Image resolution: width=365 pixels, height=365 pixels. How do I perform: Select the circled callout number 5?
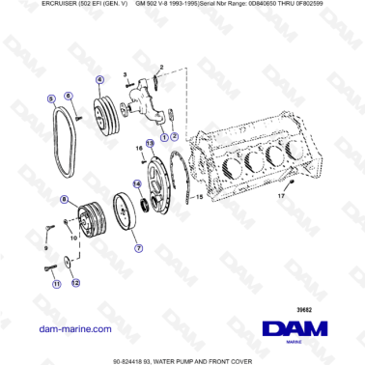(x=50, y=98)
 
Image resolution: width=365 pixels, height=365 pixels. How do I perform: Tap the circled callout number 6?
(x=69, y=96)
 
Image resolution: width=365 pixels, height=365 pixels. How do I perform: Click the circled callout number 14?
(x=136, y=183)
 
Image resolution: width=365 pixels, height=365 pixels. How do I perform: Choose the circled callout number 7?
(x=138, y=247)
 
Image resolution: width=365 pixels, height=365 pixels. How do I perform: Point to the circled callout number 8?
(x=63, y=200)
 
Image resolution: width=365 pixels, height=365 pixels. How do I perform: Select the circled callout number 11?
(x=56, y=284)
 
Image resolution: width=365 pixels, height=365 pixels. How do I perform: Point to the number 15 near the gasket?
(x=199, y=197)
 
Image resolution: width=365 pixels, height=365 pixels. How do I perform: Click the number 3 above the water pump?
(x=126, y=73)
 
